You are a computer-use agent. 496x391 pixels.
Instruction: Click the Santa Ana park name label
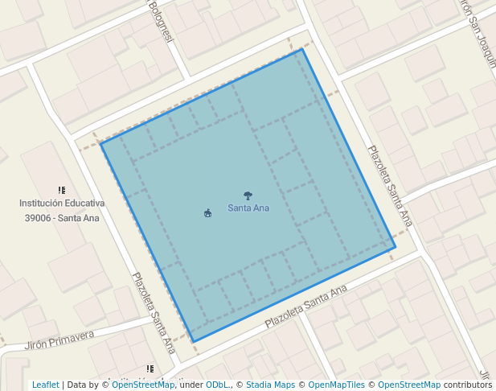click(x=248, y=208)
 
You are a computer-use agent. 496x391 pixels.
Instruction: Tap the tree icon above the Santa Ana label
click(x=248, y=195)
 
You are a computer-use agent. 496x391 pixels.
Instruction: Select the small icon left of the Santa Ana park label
click(x=208, y=213)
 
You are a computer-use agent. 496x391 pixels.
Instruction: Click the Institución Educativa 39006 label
click(x=62, y=210)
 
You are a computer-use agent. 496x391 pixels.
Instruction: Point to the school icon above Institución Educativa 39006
click(x=62, y=190)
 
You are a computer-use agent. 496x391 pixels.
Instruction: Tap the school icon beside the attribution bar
click(x=150, y=369)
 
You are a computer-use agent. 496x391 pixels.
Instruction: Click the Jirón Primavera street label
click(x=59, y=339)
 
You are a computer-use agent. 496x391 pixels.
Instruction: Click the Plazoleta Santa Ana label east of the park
click(x=390, y=185)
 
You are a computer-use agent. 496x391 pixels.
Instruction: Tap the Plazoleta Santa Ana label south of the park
click(x=306, y=305)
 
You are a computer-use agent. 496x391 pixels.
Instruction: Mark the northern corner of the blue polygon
click(x=302, y=49)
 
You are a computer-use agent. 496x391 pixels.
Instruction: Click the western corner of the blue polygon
click(x=100, y=143)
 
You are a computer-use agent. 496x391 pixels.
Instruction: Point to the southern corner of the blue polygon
click(x=194, y=342)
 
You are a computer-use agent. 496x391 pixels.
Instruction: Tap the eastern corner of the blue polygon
click(x=395, y=246)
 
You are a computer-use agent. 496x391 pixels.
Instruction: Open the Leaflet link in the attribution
click(x=45, y=385)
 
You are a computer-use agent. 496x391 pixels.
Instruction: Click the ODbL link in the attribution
click(x=217, y=385)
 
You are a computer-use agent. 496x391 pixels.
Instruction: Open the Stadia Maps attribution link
click(x=271, y=385)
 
